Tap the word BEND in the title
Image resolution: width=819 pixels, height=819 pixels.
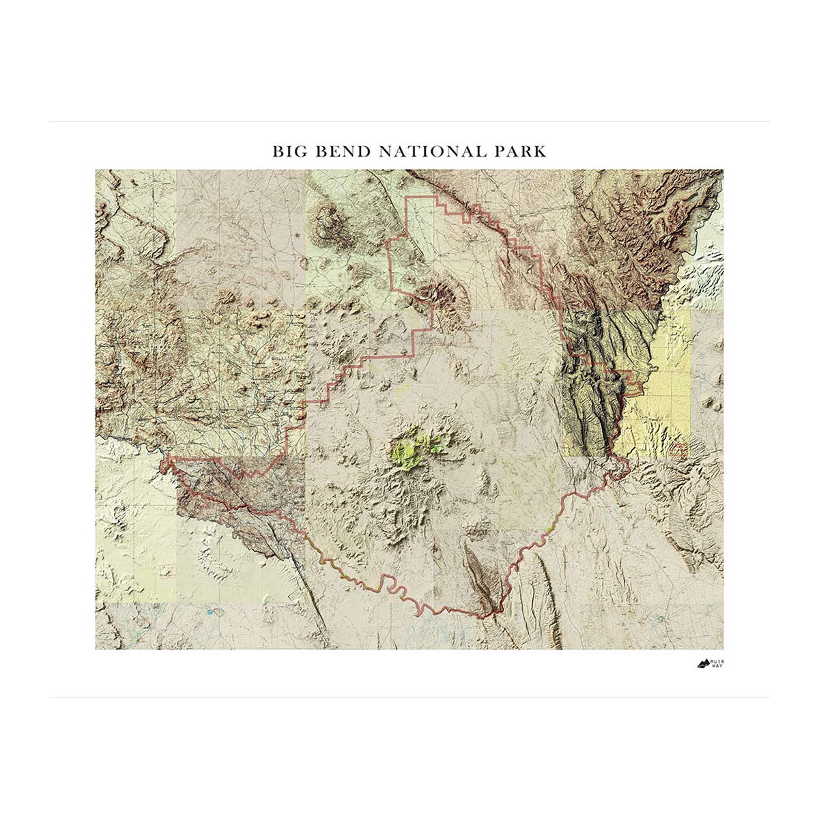pos(341,151)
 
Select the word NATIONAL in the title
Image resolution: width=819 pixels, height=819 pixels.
pos(429,151)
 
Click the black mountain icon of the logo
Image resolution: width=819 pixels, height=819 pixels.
pos(704,663)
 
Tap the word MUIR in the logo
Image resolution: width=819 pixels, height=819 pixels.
pos(717,661)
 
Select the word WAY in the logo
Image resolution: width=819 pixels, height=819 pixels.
pos(717,666)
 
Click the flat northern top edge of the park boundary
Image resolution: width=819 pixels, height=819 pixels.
pos(420,197)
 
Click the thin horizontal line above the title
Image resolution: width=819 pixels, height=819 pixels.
pos(409,122)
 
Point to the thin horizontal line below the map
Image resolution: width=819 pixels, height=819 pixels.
pos(409,698)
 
